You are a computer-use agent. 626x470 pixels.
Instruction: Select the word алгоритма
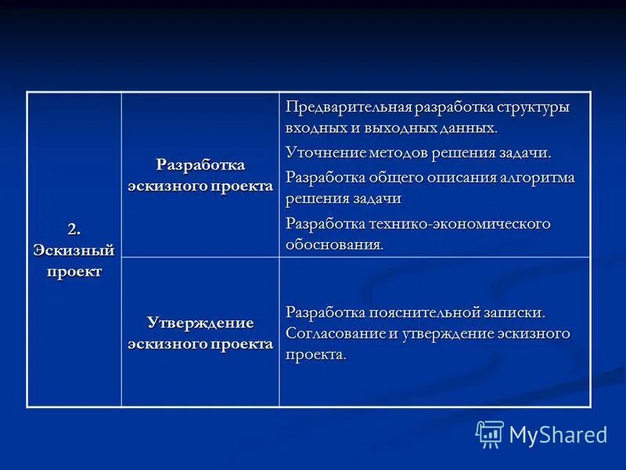(536, 177)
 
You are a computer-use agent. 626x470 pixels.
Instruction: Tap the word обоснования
(334, 244)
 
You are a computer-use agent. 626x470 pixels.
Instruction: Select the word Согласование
(333, 334)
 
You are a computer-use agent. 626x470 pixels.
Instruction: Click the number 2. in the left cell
(74, 229)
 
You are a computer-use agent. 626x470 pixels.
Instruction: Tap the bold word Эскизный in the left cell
(74, 250)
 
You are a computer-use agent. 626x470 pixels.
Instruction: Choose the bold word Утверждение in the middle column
(200, 323)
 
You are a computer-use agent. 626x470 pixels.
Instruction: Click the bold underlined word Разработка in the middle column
(200, 164)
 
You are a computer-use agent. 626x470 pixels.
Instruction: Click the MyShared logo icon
(490, 434)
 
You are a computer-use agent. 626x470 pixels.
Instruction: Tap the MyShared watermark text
(558, 435)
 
